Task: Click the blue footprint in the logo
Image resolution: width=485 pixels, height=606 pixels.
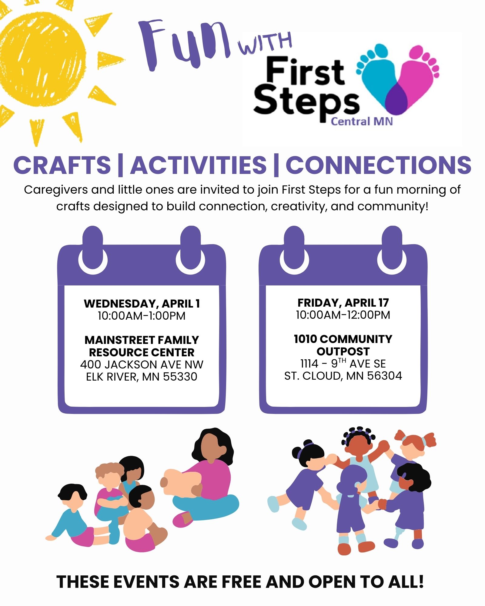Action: click(377, 73)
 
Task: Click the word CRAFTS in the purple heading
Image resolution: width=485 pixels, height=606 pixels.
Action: click(62, 165)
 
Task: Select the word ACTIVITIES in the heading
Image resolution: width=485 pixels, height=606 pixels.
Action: click(199, 165)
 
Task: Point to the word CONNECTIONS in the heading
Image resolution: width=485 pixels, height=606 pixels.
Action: click(379, 165)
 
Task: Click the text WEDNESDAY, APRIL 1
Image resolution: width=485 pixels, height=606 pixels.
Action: click(142, 304)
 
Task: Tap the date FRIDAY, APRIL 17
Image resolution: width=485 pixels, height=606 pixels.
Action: click(343, 303)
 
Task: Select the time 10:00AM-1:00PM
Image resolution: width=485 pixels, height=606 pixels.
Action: click(142, 316)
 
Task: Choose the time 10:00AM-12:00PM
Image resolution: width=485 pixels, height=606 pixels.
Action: click(343, 315)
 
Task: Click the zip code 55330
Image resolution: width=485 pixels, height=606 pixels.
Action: click(180, 377)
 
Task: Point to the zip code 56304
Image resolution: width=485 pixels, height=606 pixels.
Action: click(384, 376)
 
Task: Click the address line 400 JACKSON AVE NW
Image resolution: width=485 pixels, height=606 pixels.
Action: click(142, 365)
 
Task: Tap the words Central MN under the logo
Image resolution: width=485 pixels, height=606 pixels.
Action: click(362, 122)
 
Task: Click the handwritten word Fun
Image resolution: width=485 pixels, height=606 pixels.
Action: click(185, 44)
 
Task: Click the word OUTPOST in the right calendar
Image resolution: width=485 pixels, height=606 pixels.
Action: click(343, 351)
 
